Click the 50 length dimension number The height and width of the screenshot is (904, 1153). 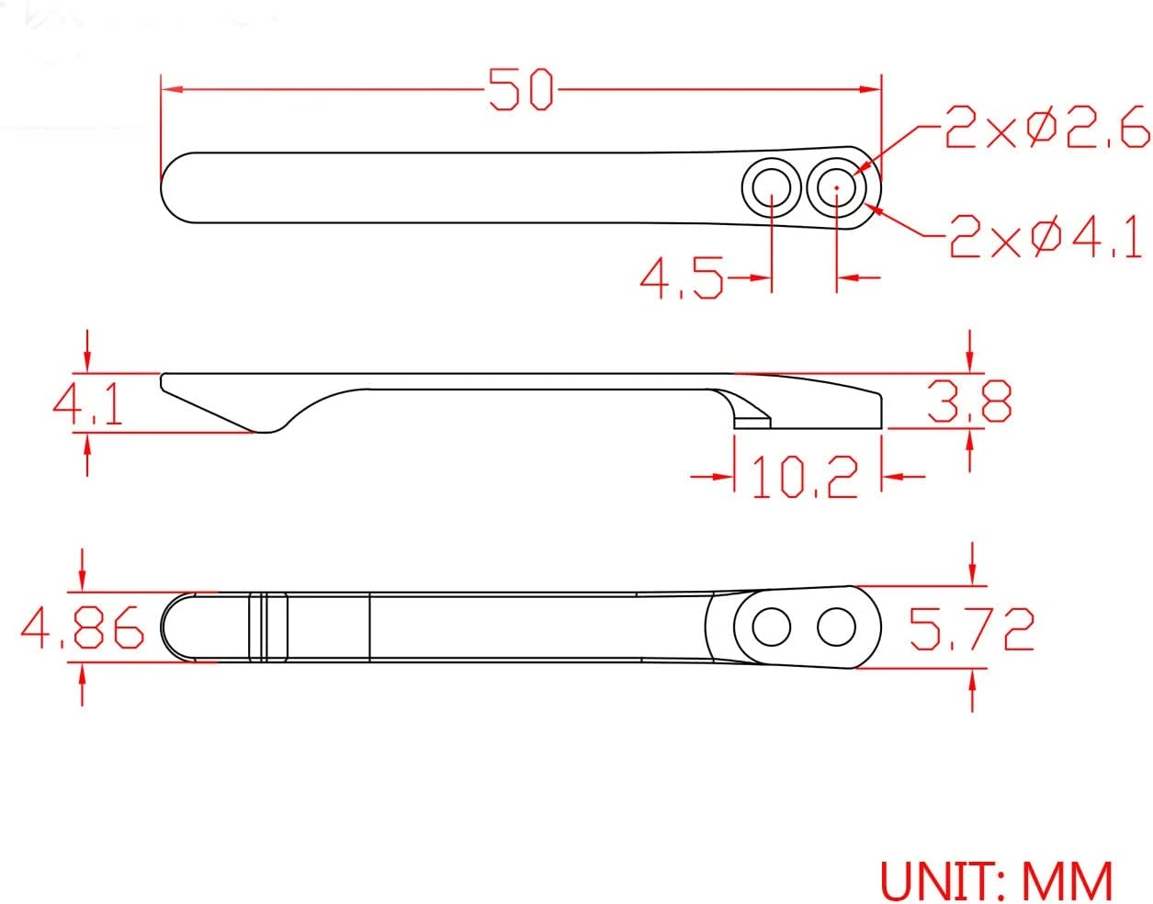click(521, 90)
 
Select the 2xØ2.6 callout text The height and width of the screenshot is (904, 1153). click(1045, 130)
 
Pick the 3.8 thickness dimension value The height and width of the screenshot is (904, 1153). click(970, 401)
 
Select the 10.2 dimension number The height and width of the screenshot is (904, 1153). click(805, 477)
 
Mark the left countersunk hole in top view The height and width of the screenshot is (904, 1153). click(771, 187)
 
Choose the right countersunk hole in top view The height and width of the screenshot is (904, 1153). click(837, 187)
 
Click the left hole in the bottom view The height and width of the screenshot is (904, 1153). click(771, 628)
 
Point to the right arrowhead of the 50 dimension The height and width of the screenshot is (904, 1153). click(871, 89)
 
